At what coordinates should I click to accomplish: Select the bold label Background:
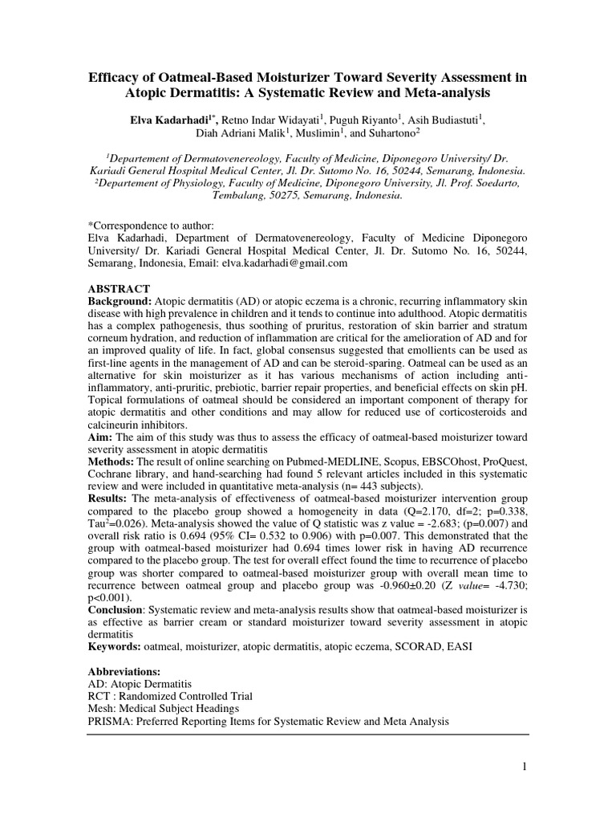point(120,301)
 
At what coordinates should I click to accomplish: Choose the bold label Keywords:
point(115,645)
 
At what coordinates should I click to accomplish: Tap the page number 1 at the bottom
point(525,767)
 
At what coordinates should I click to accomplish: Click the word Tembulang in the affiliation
point(240,195)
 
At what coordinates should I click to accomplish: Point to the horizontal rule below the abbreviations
point(307,734)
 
